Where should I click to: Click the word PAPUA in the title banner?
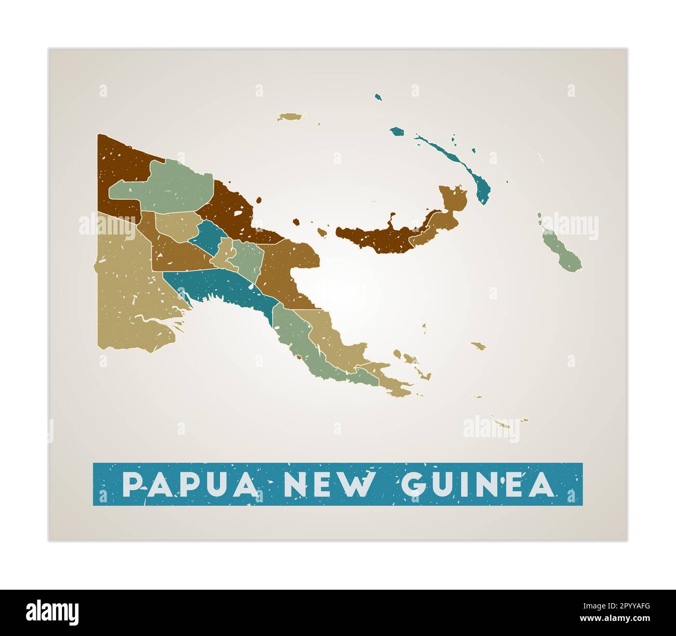tap(190, 485)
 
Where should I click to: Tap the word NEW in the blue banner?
tap(328, 485)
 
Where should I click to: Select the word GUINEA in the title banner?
tap(477, 485)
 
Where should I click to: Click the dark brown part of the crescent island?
tap(374, 239)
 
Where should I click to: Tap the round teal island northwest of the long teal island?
tap(398, 132)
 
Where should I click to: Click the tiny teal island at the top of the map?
tap(379, 97)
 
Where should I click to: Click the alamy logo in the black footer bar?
tap(53, 613)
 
